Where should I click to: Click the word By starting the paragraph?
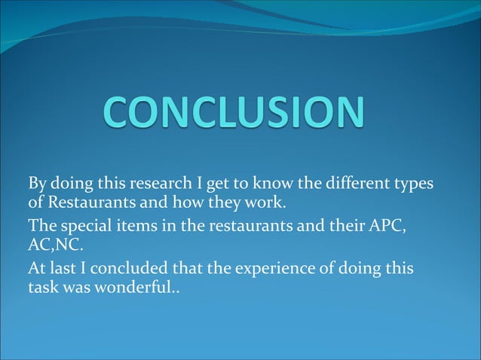pyautogui.click(x=37, y=185)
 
